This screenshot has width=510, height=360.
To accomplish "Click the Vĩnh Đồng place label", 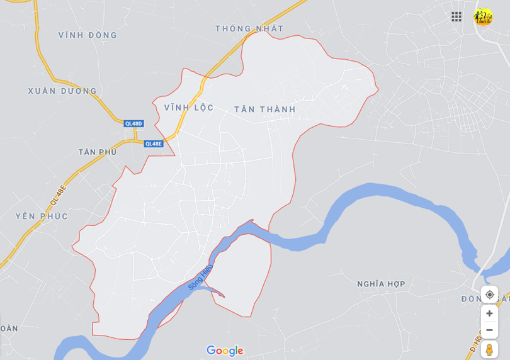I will pyautogui.click(x=88, y=35).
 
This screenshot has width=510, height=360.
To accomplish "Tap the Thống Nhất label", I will pyautogui.click(x=249, y=28).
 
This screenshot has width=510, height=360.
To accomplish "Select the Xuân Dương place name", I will pyautogui.click(x=62, y=91).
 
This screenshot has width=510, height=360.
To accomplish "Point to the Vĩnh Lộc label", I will pyautogui.click(x=189, y=108).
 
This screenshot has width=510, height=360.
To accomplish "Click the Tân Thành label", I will pyautogui.click(x=264, y=110).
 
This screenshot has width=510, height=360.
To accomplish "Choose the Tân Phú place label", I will pyautogui.click(x=98, y=152).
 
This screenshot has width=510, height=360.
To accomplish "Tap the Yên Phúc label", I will pyautogui.click(x=42, y=217).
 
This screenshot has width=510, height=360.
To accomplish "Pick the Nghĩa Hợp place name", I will pyautogui.click(x=381, y=284).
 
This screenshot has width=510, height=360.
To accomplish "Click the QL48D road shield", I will pyautogui.click(x=133, y=124).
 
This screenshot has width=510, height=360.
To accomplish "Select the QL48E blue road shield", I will pyautogui.click(x=154, y=143).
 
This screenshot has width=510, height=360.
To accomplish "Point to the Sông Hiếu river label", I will pyautogui.click(x=200, y=278).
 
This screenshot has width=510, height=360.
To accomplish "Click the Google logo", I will pyautogui.click(x=225, y=351).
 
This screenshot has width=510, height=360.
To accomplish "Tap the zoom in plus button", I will pyautogui.click(x=489, y=313).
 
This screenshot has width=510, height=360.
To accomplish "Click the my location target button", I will pyautogui.click(x=489, y=295).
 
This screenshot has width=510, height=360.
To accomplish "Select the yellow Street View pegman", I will pyautogui.click(x=489, y=349).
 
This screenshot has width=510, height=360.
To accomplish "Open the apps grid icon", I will pyautogui.click(x=456, y=17).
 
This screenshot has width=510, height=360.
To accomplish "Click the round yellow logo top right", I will pyautogui.click(x=484, y=17).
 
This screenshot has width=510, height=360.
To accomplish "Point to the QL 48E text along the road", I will pyautogui.click(x=57, y=197).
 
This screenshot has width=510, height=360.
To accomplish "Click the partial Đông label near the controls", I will pyautogui.click(x=471, y=299).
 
